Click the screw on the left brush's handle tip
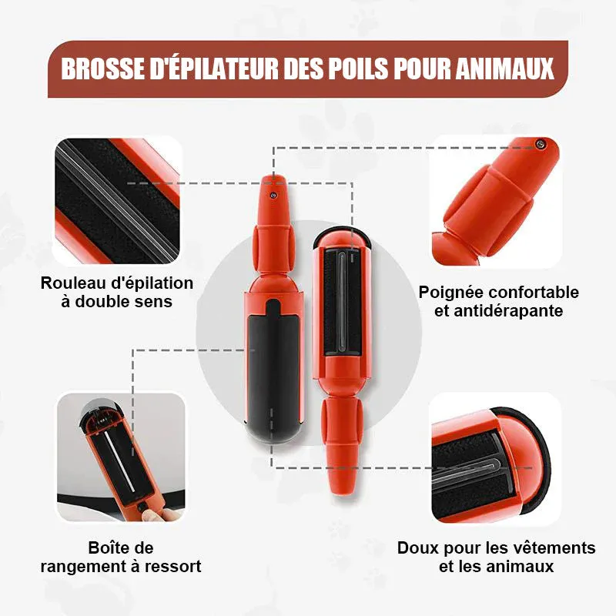[273, 194]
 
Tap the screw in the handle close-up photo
[540, 144]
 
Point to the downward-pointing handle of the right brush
[340, 446]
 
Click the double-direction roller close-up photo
[117, 201]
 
